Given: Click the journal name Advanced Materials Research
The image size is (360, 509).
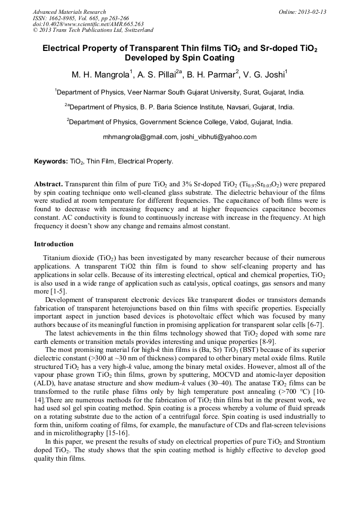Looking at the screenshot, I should (69, 12).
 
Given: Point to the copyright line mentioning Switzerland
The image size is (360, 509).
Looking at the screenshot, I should (93, 31).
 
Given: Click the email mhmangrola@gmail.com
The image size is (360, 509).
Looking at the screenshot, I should (140, 137).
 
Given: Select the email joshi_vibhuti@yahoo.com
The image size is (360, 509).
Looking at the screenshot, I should (219, 137).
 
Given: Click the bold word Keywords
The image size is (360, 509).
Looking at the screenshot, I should (50, 161).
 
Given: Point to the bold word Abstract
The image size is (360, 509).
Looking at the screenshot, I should (49, 183).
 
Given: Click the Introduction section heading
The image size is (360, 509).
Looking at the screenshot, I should (54, 244).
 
